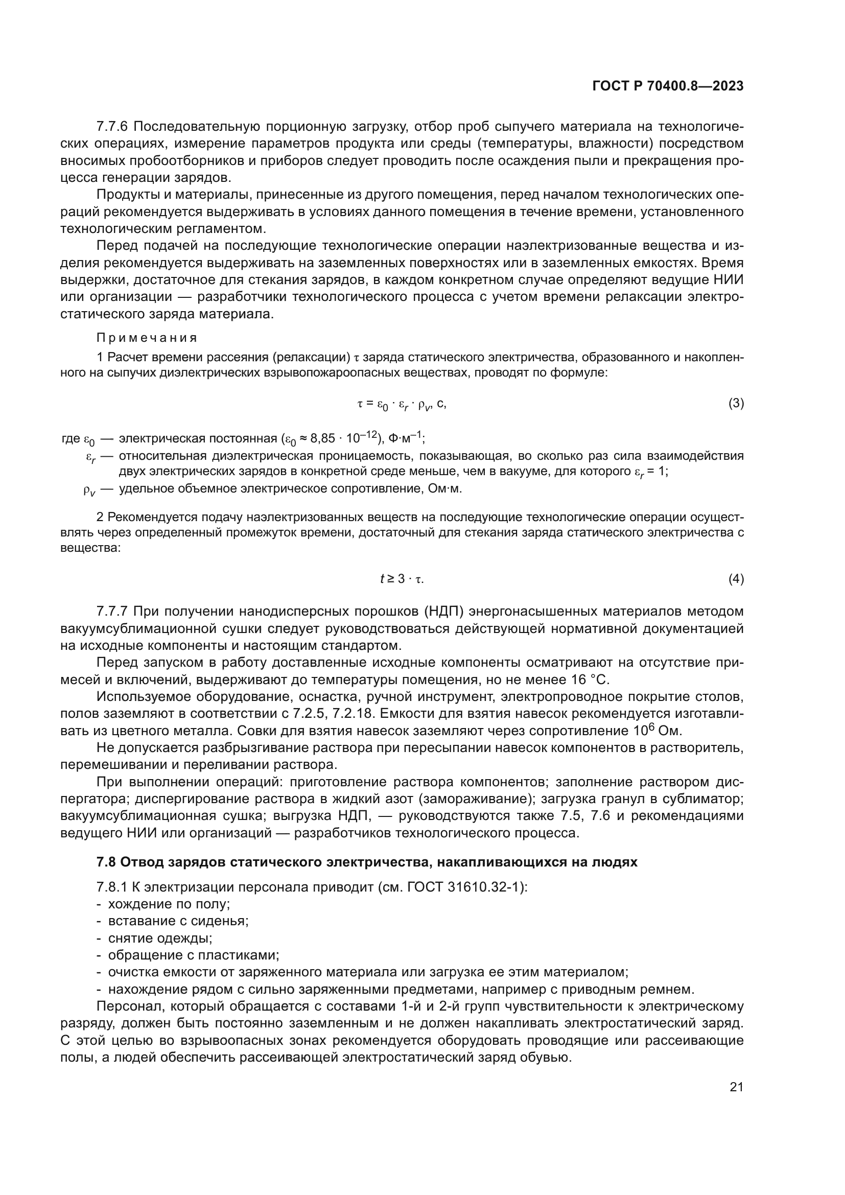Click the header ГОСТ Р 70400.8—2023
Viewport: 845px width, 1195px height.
tap(668, 86)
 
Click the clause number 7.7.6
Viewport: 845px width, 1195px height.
tap(112, 127)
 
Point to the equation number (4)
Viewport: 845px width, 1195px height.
tap(736, 579)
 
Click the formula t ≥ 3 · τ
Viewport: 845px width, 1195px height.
tap(402, 579)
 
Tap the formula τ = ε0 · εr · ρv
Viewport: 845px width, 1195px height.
tap(401, 404)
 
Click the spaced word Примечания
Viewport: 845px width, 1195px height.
tap(147, 338)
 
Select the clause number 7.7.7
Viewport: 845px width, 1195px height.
tap(112, 611)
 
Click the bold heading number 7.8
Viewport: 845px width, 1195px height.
tap(106, 862)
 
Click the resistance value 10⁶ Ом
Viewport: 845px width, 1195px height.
tap(657, 731)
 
